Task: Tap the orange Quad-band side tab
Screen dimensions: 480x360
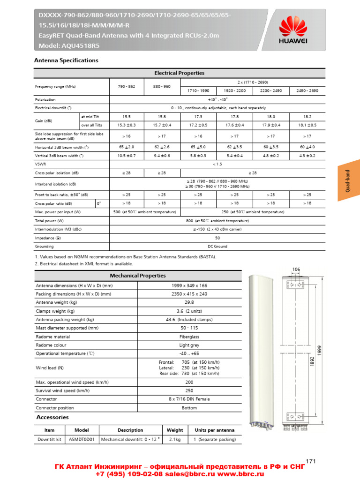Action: [348, 180]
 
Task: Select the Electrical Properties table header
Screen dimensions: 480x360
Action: [180, 73]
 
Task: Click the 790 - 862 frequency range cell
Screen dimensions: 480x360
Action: [127, 87]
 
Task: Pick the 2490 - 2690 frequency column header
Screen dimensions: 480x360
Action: [307, 90]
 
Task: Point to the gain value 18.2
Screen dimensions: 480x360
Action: [307, 116]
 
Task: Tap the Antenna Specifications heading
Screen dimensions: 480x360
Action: [66, 60]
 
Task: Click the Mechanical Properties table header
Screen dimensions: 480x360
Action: [137, 276]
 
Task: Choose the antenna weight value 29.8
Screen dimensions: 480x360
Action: [189, 302]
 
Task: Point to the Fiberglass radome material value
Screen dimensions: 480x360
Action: [189, 337]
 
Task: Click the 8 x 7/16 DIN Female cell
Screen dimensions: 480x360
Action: [189, 399]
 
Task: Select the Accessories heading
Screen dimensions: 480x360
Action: [52, 417]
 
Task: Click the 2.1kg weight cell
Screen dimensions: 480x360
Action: [175, 440]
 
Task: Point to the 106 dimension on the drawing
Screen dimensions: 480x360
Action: [296, 269]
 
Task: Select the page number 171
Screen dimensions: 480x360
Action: [310, 461]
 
